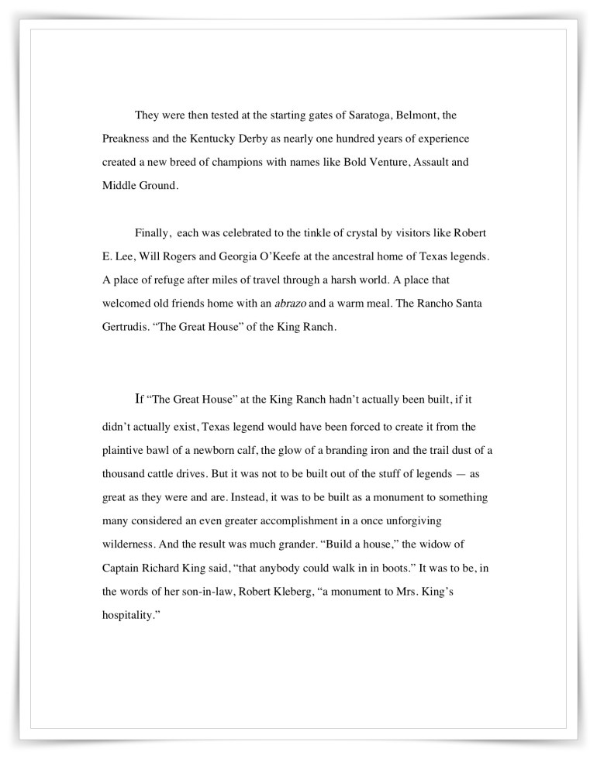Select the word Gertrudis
[126, 327]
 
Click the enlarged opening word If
[140, 400]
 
